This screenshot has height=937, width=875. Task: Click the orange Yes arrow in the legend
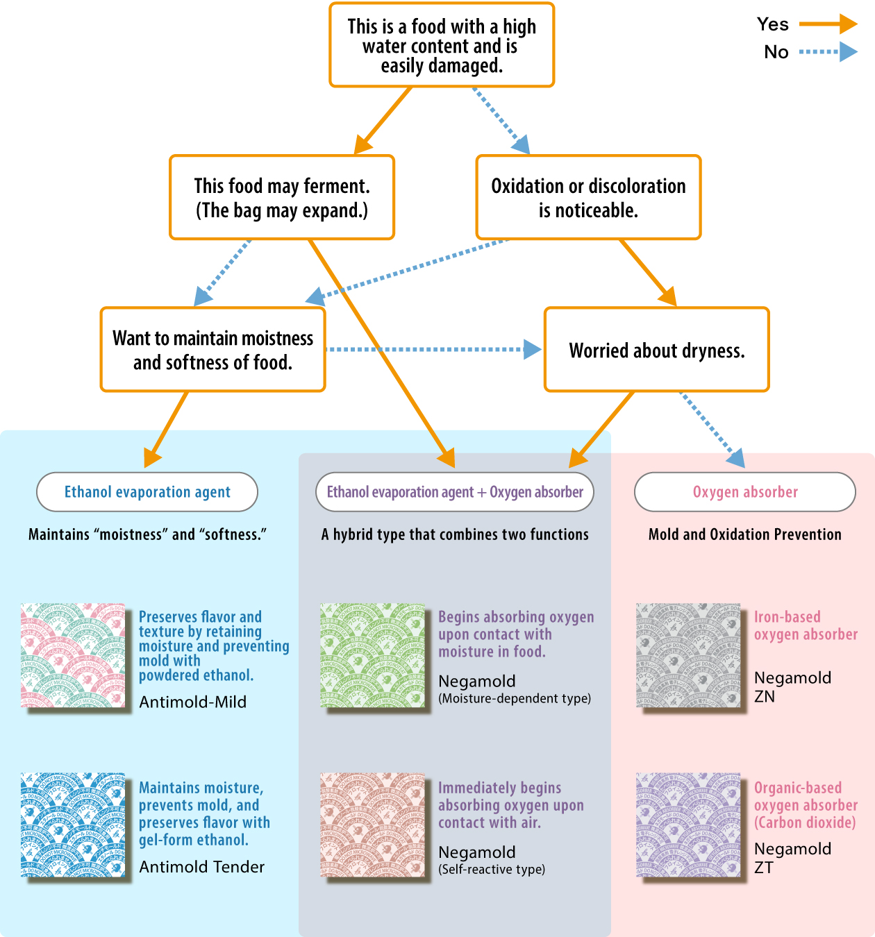pos(828,24)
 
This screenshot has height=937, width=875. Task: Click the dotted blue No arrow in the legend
pos(828,52)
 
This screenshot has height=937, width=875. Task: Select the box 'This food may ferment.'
pos(282,198)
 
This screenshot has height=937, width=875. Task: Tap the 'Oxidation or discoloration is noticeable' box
pos(588,198)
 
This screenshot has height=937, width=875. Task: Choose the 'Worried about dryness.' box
pos(657,350)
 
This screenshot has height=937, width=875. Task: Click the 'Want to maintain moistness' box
pos(213,350)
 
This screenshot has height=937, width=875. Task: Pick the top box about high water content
pos(442,46)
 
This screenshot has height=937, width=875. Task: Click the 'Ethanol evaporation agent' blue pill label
pos(147,492)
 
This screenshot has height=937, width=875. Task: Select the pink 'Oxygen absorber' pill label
pos(745,492)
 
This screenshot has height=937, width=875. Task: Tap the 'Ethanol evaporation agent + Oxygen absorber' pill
pos(455,492)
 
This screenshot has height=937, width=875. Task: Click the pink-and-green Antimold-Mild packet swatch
pos(73,655)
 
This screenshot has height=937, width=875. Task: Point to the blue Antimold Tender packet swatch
pos(73,825)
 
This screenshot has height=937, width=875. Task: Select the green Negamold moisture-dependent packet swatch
pos(373,655)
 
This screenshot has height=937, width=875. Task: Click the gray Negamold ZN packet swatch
pos(688,655)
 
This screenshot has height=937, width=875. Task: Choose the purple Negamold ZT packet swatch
pos(688,825)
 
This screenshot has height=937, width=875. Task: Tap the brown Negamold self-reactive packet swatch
pos(373,825)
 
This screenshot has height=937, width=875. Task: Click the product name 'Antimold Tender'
pos(202,867)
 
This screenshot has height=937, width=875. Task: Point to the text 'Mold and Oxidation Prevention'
pos(744,534)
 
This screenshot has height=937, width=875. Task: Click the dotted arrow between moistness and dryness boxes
pos(431,350)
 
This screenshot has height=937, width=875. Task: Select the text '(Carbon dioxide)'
pos(805,822)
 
